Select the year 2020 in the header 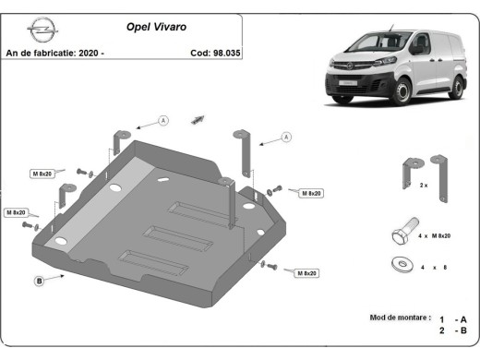tap(90, 53)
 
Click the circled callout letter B tap(39, 281)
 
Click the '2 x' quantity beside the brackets tap(424, 186)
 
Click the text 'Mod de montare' tap(400, 318)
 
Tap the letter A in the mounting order tap(463, 318)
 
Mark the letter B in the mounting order tap(463, 330)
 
